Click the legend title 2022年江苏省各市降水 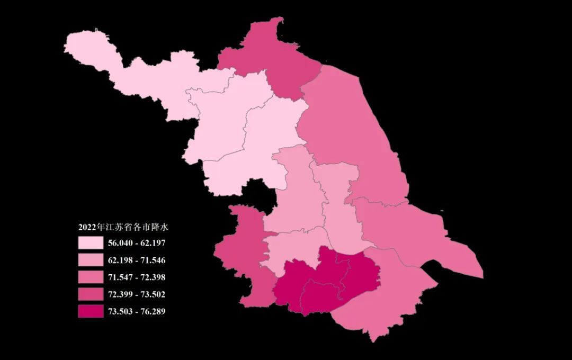pyautogui.click(x=123, y=227)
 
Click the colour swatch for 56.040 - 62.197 pyautogui.click(x=91, y=243)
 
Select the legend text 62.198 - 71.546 pyautogui.click(x=136, y=260)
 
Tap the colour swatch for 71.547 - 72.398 pyautogui.click(x=91, y=277)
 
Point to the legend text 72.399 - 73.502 pyautogui.click(x=136, y=294)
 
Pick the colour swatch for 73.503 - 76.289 pyautogui.click(x=91, y=311)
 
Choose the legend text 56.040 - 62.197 pyautogui.click(x=136, y=243)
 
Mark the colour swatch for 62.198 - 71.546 pyautogui.click(x=91, y=260)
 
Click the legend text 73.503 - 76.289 pyautogui.click(x=136, y=311)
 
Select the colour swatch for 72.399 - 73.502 pyautogui.click(x=91, y=294)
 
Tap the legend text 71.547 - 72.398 pyautogui.click(x=136, y=277)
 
